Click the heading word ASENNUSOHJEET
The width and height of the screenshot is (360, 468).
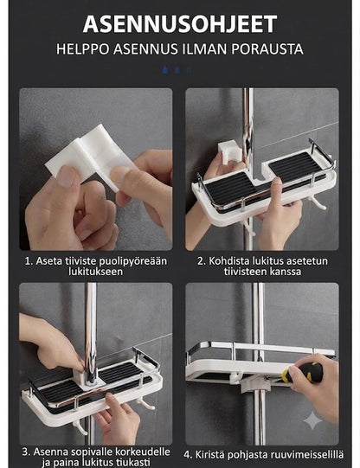pyautogui.click(x=180, y=24)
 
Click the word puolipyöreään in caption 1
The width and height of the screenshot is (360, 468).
pyautogui.click(x=132, y=261)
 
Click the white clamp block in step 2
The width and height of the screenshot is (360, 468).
pyautogui.click(x=229, y=154)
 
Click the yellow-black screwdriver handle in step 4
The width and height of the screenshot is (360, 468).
pyautogui.click(x=301, y=373)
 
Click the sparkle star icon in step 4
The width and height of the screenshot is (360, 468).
pyautogui.click(x=312, y=420)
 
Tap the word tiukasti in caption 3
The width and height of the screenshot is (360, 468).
pyautogui.click(x=135, y=462)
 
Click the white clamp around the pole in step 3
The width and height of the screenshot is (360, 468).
pyautogui.click(x=88, y=378)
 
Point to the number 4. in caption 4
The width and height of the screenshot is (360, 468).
pyautogui.click(x=188, y=455)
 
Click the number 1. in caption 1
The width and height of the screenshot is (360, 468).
pyautogui.click(x=29, y=261)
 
